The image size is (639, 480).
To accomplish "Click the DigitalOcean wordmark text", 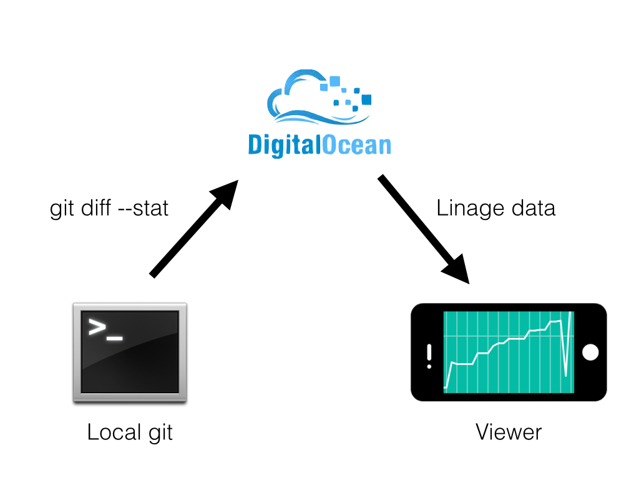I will point(319,145).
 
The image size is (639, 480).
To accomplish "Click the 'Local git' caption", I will point(130,432).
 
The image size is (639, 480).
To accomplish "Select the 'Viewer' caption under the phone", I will point(509,432).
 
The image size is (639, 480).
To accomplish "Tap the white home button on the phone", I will point(590,352).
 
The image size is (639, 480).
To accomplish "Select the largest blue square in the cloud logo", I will point(366,99).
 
